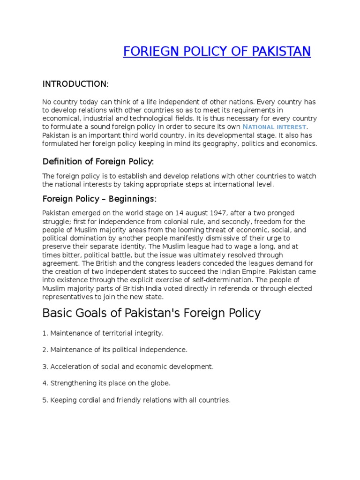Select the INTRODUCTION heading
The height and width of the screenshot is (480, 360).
click(75, 84)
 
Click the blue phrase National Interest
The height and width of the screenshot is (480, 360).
click(275, 127)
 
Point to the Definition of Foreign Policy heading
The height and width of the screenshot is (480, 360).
click(98, 162)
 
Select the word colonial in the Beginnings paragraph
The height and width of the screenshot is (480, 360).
click(211, 221)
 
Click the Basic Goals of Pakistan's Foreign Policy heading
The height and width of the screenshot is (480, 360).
click(151, 313)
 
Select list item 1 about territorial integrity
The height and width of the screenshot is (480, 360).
click(103, 333)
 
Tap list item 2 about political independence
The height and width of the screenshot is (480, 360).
click(115, 350)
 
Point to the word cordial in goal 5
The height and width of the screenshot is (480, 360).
click(86, 400)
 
